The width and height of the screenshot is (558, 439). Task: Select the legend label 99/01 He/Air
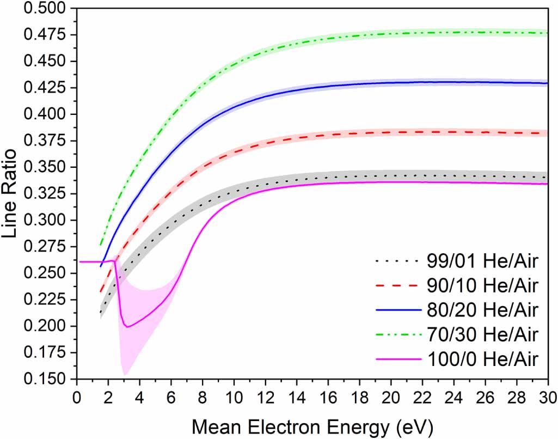coord(483,263)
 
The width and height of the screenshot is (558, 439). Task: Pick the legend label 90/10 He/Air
coord(483,286)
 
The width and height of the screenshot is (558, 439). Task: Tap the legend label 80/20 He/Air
coord(483,310)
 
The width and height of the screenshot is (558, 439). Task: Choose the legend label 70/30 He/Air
coord(483,334)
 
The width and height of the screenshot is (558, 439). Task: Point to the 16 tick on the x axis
coord(328,394)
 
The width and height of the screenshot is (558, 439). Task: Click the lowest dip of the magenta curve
coord(127,327)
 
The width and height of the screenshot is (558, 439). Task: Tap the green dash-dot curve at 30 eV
coord(547,33)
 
